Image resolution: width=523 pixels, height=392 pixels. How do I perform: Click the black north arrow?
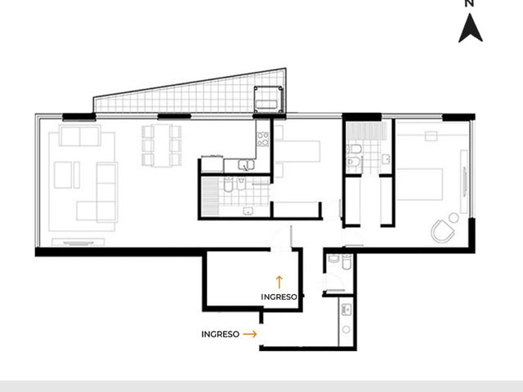pos(471,29)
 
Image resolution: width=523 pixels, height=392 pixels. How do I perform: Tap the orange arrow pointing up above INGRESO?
pos(279,282)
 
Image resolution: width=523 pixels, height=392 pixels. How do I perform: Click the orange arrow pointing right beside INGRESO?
pos(250,334)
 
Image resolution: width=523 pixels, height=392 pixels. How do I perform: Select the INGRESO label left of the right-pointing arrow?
pos(220,334)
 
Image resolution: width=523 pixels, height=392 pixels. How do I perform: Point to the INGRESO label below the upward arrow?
pos(279,296)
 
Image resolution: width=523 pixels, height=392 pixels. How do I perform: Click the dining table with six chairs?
pos(162,145)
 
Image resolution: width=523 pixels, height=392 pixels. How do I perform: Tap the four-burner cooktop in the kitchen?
pos(262,139)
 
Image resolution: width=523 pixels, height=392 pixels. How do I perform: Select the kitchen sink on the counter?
pos(246,164)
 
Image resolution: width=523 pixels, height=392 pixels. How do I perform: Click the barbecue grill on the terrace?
pos(268,100)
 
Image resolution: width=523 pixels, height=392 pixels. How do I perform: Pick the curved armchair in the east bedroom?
pos(443,230)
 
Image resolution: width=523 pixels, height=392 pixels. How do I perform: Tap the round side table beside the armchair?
pos(454,218)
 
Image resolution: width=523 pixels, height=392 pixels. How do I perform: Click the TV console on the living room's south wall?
pos(78,242)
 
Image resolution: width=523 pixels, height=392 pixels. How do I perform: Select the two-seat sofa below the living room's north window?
pos(80,136)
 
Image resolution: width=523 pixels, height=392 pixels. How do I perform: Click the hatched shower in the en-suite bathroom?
pos(366,131)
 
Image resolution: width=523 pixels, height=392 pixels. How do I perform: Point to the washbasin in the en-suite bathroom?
pos(387,159)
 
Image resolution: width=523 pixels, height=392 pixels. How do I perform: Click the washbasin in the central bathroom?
pos(248,211)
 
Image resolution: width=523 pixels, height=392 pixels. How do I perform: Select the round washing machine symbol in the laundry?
pos(346,329)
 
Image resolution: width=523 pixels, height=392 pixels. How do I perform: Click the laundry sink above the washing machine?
pos(346,310)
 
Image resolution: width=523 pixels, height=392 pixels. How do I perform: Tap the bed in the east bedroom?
pos(419,185)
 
